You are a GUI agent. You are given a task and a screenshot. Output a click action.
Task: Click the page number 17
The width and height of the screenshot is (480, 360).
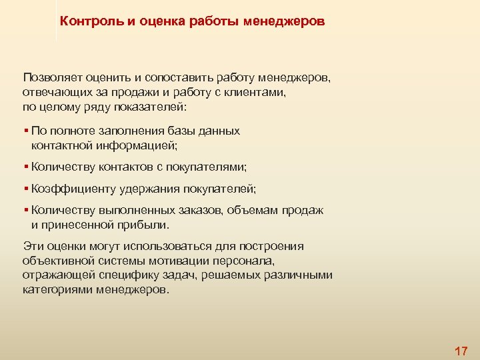(x=461, y=351)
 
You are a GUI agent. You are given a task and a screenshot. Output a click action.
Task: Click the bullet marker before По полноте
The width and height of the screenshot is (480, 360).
(x=25, y=131)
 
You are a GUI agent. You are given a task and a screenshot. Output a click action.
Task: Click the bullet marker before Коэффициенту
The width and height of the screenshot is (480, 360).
(x=25, y=189)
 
